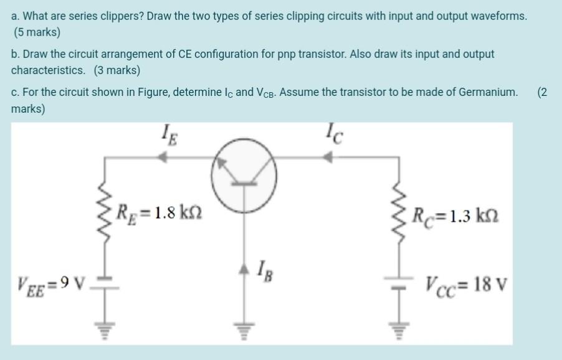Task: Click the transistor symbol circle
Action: tap(244, 176)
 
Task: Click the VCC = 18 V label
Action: tap(467, 287)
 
